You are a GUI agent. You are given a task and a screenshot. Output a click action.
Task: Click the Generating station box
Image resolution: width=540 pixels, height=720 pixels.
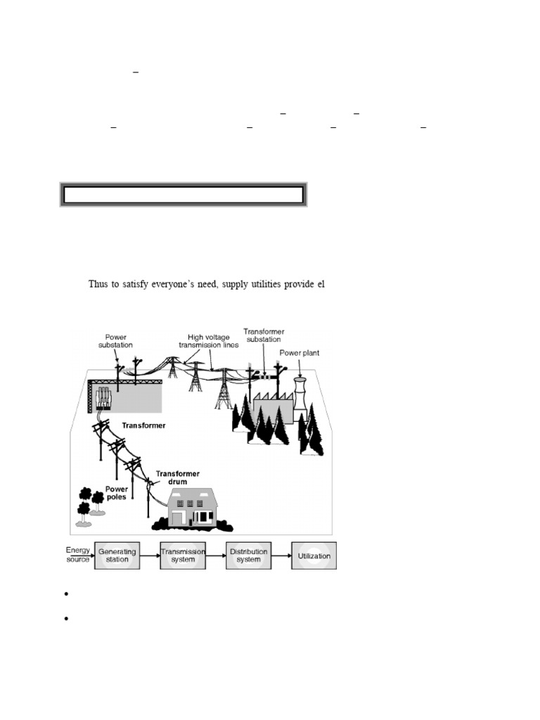tap(117, 555)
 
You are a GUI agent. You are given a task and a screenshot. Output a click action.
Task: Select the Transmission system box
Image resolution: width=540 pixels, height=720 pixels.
tap(183, 555)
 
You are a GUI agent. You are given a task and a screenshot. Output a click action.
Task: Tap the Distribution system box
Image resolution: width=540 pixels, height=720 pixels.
tap(248, 555)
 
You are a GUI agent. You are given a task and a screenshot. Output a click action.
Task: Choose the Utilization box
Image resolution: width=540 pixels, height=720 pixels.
tap(314, 555)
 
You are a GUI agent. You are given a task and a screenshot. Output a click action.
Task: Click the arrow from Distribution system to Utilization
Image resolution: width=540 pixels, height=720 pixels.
tap(282, 555)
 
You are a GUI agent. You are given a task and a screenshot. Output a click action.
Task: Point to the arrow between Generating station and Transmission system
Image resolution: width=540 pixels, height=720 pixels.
tap(149, 555)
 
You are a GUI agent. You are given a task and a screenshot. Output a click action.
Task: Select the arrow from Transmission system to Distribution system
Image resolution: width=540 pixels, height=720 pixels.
tap(215, 555)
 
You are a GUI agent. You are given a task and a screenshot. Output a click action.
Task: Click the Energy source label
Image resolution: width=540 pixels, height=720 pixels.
tap(78, 554)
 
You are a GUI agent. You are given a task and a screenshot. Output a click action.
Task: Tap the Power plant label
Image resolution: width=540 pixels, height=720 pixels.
tap(299, 353)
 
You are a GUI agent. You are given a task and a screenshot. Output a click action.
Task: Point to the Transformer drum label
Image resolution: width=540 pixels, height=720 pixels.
tap(172, 478)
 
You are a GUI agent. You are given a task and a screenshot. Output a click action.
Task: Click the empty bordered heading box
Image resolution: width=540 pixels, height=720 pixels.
tap(183, 195)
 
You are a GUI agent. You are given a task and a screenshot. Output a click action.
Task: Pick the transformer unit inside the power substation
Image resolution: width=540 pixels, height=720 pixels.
tap(103, 397)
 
